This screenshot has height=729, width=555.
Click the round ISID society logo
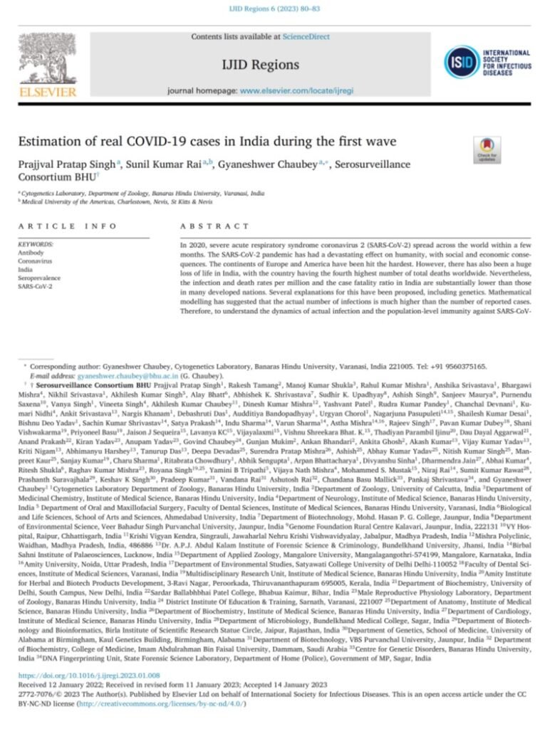(462, 61)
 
